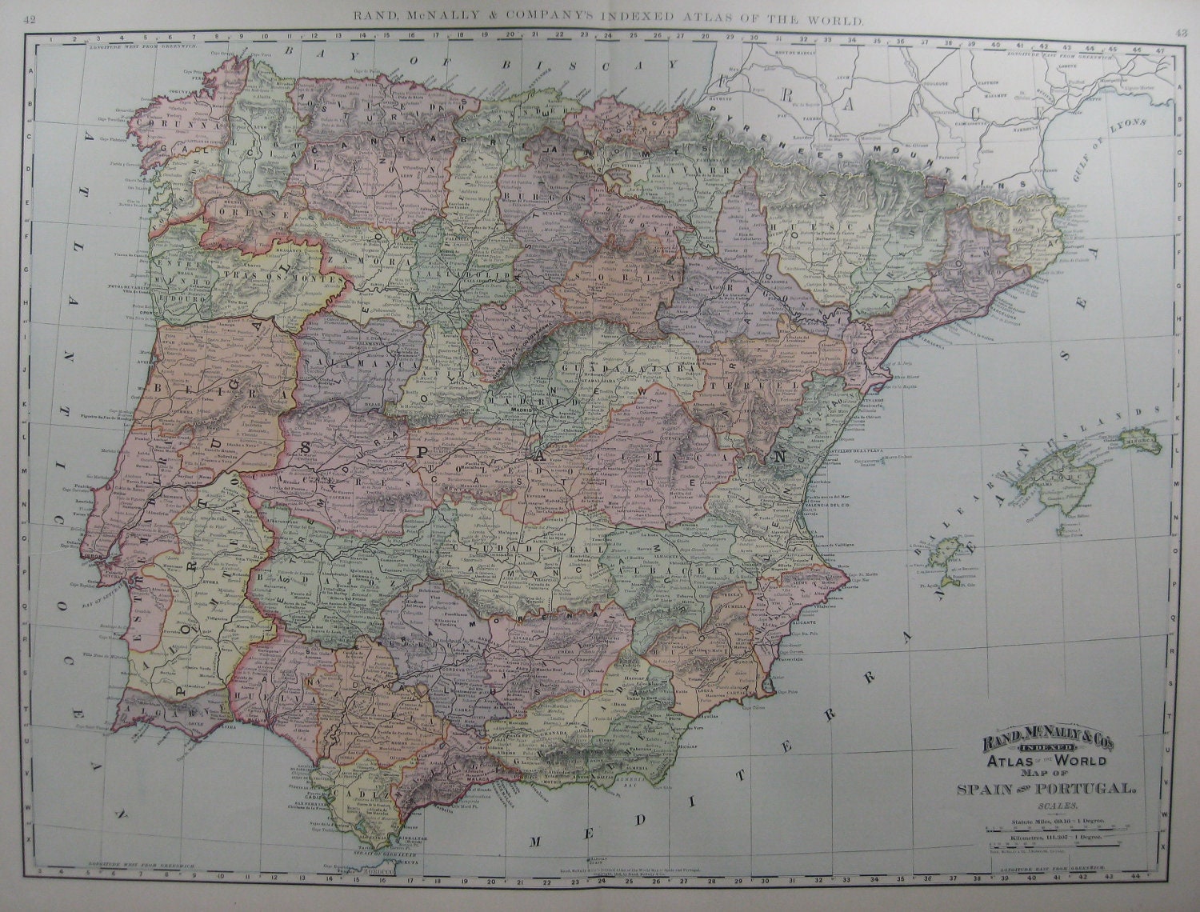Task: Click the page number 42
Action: click(x=29, y=21)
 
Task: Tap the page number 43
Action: click(x=1181, y=32)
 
